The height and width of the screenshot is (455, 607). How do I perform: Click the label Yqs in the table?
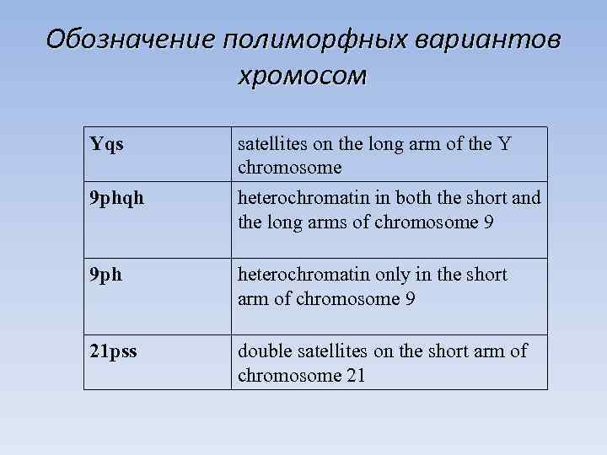pyautogui.click(x=107, y=144)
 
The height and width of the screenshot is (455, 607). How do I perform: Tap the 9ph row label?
pyautogui.click(x=106, y=276)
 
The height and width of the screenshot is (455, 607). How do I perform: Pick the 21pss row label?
pyautogui.click(x=113, y=350)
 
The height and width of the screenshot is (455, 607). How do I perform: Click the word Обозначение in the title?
pyautogui.click(x=130, y=40)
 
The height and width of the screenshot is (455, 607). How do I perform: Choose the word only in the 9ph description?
pyautogui.click(x=389, y=275)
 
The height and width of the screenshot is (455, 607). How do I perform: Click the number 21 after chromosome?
pyautogui.click(x=355, y=375)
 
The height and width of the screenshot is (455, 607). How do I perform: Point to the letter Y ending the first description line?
pyautogui.click(x=504, y=144)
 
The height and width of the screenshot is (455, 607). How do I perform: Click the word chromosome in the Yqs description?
pyautogui.click(x=289, y=167)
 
